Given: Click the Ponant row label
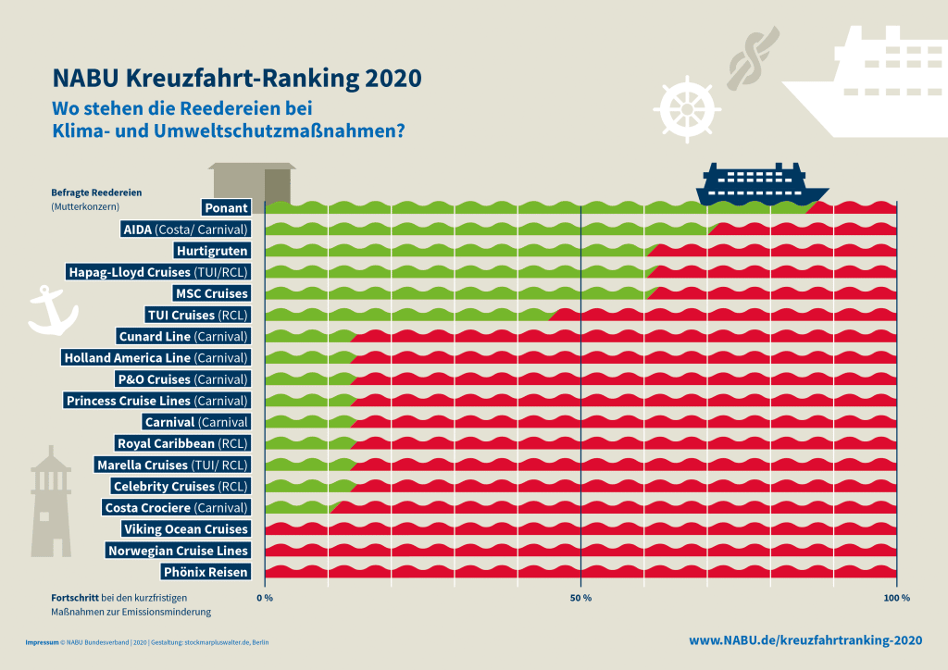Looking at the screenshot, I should tap(226, 208).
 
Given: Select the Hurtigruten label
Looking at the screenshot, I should tap(212, 251).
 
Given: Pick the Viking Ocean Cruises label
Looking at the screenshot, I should tap(185, 529).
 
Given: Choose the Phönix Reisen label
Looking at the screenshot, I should tap(205, 572).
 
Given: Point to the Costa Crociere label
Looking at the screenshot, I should tap(175, 508).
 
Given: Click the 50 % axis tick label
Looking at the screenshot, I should tap(580, 599).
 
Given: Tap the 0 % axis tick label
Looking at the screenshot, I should tap(265, 599).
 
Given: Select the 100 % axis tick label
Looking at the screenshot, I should tap(896, 599).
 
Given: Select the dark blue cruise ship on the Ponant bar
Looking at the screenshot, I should tap(762, 184).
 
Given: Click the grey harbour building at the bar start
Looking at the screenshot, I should tap(252, 183).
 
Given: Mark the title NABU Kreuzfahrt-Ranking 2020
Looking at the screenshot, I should tap(236, 77).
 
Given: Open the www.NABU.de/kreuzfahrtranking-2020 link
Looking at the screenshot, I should tap(805, 640).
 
